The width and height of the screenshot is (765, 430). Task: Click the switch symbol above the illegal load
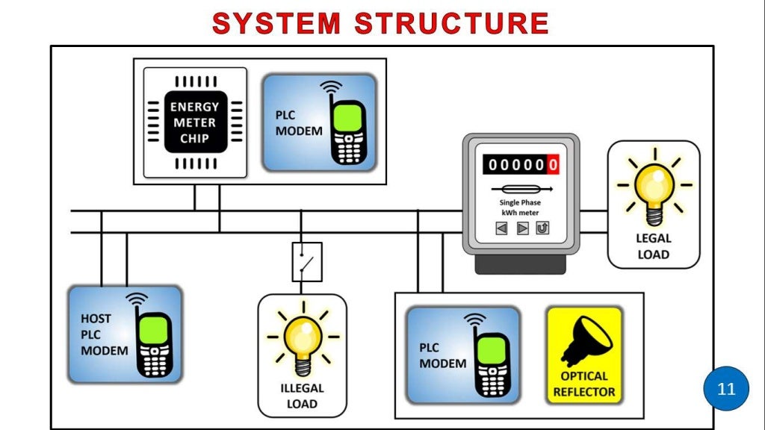[x=306, y=261]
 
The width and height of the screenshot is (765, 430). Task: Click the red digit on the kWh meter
[x=553, y=164]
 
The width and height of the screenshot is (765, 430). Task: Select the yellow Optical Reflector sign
[x=584, y=354]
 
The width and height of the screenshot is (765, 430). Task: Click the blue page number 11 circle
[x=726, y=389]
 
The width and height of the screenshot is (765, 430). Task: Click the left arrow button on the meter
[x=502, y=228]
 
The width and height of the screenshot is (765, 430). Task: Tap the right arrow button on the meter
[x=522, y=228]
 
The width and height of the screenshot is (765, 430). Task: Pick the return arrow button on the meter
[x=542, y=228]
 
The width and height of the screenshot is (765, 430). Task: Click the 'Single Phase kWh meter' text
[x=520, y=208]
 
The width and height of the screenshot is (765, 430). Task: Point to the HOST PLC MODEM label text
[x=104, y=334]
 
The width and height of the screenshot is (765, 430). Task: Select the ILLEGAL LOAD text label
[x=302, y=396]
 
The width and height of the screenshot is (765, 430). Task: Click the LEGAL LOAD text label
[x=654, y=246]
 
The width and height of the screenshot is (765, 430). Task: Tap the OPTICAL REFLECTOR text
[x=584, y=384]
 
